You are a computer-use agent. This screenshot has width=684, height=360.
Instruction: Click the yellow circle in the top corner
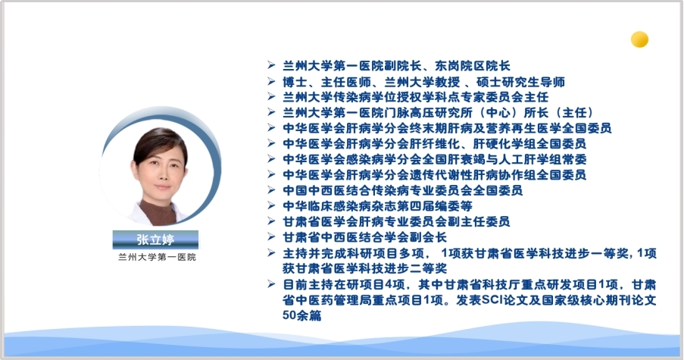pos(639,39)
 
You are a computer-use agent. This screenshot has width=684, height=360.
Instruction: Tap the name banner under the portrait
pos(155,239)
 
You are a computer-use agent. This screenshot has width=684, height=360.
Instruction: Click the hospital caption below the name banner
pos(157,257)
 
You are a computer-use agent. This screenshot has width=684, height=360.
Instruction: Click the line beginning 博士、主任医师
pos(423,82)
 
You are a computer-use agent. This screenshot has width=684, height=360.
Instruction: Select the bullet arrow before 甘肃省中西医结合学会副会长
pos(271,237)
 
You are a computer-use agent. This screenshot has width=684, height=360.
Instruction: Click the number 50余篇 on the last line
pos(302,315)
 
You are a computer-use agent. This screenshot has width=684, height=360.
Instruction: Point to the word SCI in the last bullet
pos(492,300)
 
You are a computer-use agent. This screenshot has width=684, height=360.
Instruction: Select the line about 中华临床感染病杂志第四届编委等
pos(377,205)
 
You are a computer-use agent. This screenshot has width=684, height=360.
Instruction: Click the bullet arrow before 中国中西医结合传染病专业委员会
pos(271,189)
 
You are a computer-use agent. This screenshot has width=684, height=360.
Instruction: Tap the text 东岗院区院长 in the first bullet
pos(473,66)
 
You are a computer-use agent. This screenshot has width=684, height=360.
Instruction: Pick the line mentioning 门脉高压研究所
pos(438,112)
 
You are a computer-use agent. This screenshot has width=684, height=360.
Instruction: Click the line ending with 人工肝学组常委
pos(435,159)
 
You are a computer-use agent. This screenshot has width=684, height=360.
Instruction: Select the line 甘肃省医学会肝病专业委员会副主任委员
pos(396,221)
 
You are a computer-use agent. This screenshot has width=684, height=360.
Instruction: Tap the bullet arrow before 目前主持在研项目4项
pos(271,284)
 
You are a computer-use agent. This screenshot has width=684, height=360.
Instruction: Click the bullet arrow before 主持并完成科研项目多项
pos(271,252)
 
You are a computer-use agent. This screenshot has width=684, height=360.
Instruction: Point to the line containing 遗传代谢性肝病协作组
pos(434,174)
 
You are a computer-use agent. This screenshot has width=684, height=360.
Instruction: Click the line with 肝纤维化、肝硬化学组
pos(434,143)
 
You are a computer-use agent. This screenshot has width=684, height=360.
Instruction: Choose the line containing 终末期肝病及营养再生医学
pos(447,128)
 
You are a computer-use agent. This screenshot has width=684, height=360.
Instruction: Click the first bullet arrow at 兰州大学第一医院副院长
pos(271,65)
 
